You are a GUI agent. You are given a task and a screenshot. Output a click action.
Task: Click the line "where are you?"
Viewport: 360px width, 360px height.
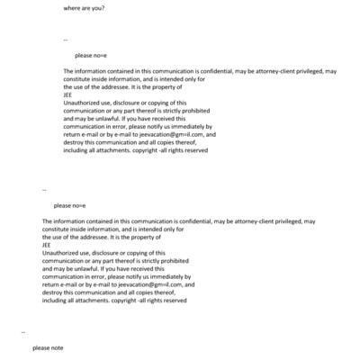coord(83,8)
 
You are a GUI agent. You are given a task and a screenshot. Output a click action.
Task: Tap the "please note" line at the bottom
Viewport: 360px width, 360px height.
coord(48,346)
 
